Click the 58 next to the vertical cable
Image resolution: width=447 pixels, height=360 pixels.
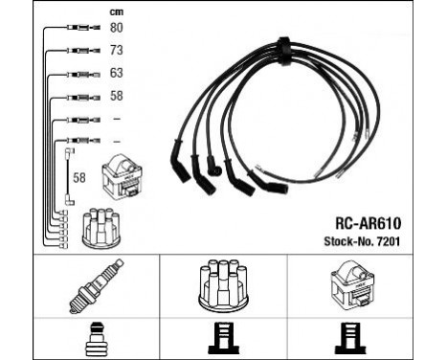(81, 178)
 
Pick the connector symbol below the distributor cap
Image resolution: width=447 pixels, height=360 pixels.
(224, 339)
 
